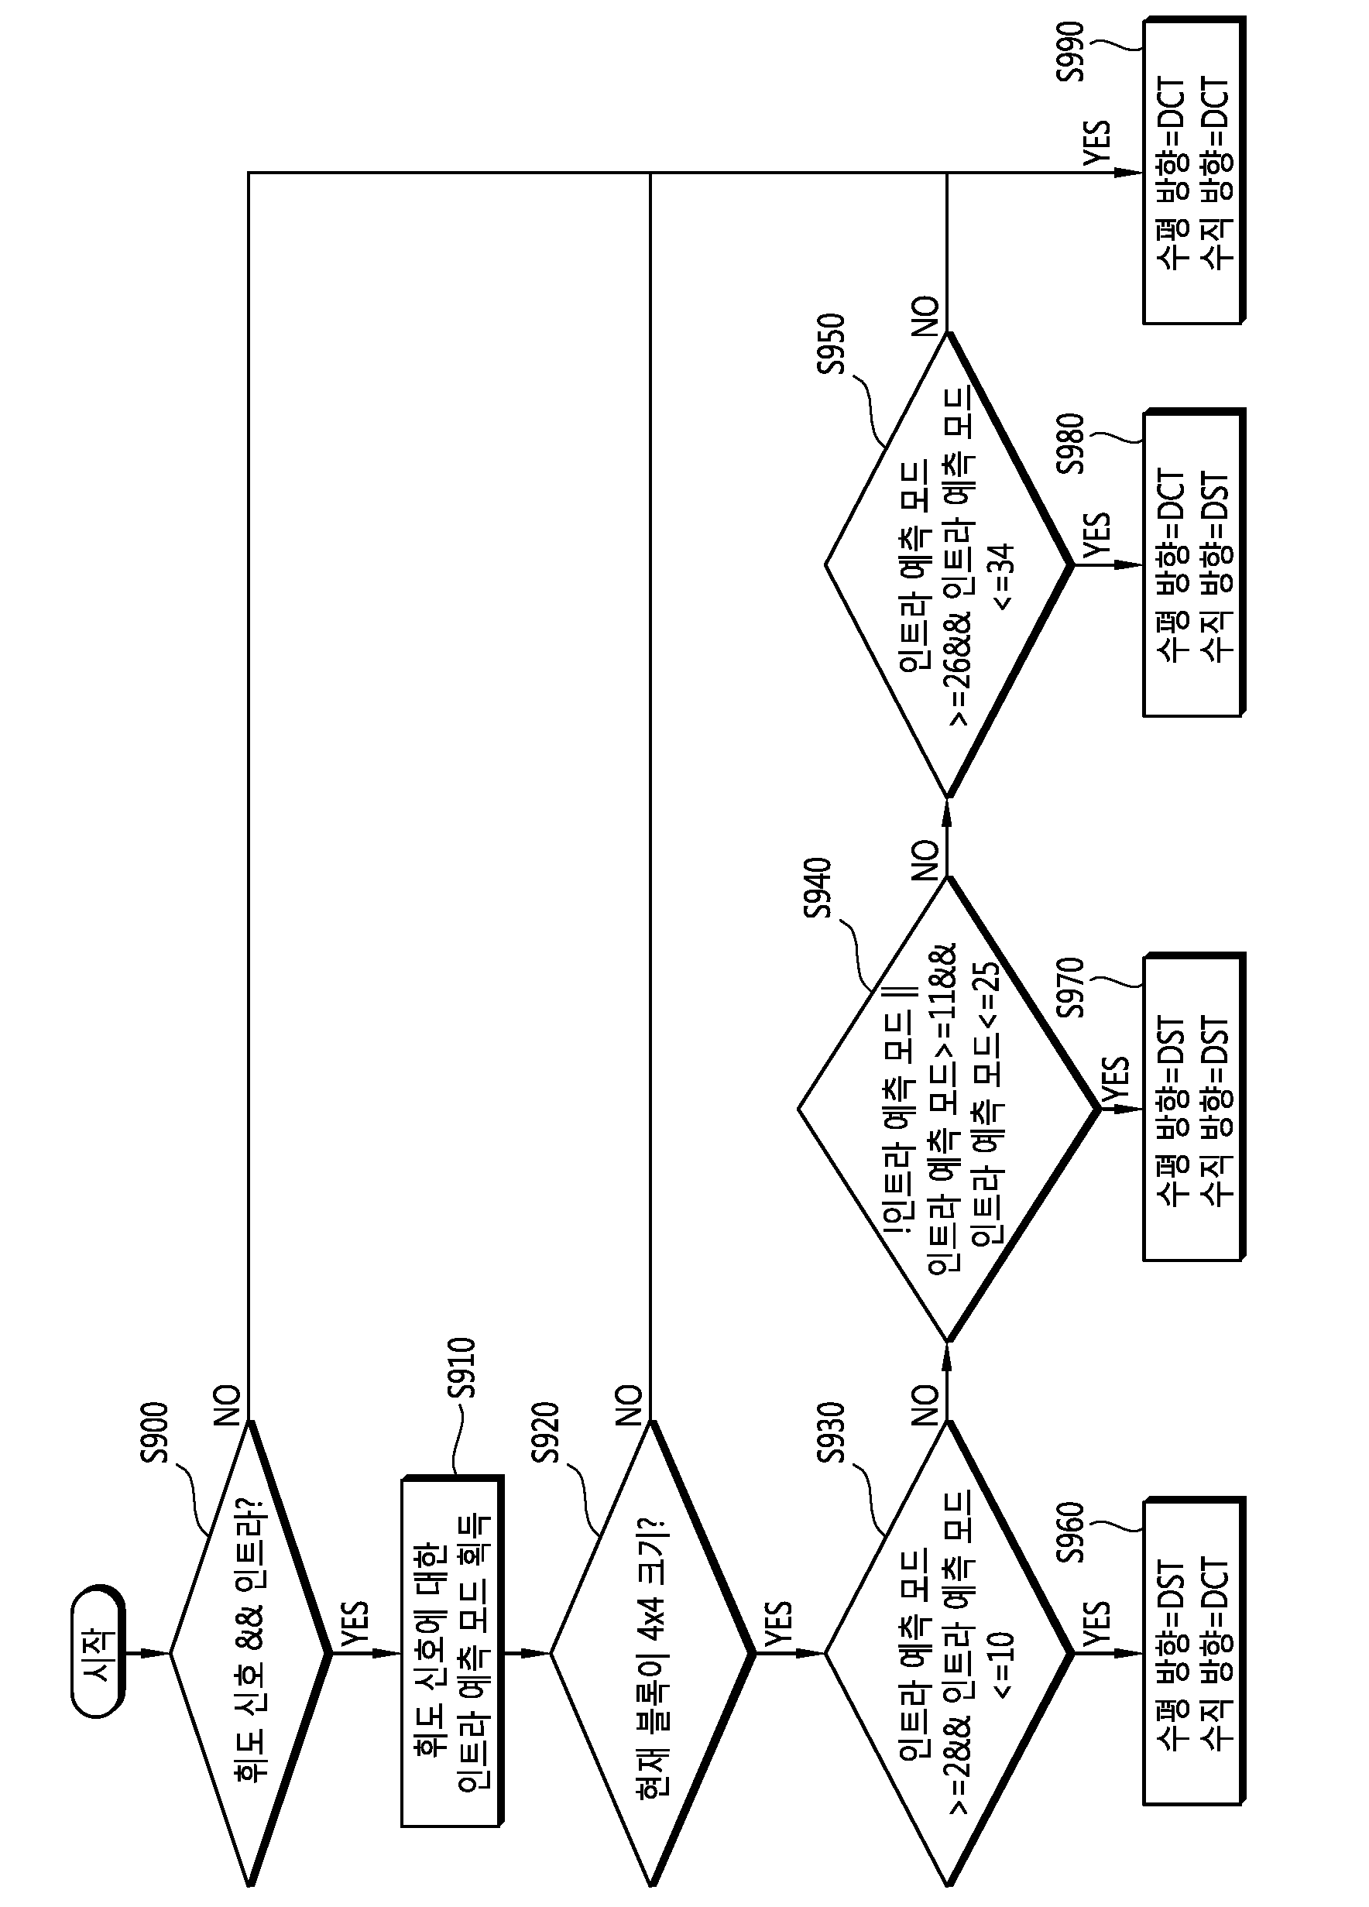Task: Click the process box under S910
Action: click(x=452, y=1652)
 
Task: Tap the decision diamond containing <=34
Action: click(x=949, y=564)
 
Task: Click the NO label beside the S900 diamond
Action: click(x=227, y=1406)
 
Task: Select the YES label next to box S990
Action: click(x=1096, y=145)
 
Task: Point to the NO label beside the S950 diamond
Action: click(x=925, y=316)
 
